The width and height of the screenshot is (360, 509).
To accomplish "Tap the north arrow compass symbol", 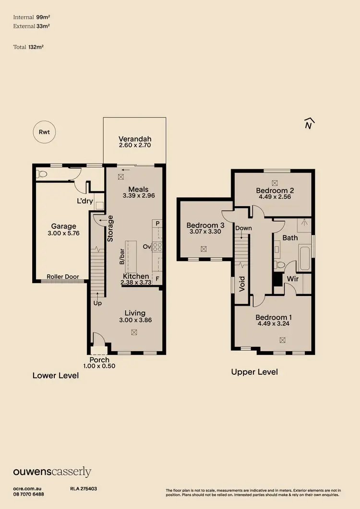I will pyautogui.click(x=310, y=124).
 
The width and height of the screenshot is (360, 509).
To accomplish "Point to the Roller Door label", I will pyautogui.click(x=62, y=277).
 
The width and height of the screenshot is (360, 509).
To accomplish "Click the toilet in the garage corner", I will pyautogui.click(x=41, y=174).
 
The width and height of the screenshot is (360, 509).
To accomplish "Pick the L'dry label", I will pyautogui.click(x=85, y=201).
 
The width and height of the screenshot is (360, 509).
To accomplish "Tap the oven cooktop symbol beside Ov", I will pyautogui.click(x=157, y=247).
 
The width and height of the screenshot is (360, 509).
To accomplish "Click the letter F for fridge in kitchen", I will pyautogui.click(x=157, y=278).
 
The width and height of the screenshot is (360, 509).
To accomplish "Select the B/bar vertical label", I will pyautogui.click(x=122, y=257).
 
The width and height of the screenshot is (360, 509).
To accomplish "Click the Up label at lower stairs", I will pyautogui.click(x=97, y=303).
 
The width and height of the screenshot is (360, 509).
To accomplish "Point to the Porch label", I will pyautogui.click(x=99, y=360).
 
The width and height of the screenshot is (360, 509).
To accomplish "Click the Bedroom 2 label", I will pyautogui.click(x=275, y=190).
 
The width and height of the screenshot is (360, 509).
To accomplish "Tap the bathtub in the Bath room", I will pyautogui.click(x=305, y=258).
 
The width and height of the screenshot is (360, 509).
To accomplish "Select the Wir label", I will pyautogui.click(x=293, y=278).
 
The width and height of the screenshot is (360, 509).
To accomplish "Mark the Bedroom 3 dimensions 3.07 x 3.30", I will pyautogui.click(x=205, y=232).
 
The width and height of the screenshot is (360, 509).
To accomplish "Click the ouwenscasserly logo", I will pyautogui.click(x=52, y=472).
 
